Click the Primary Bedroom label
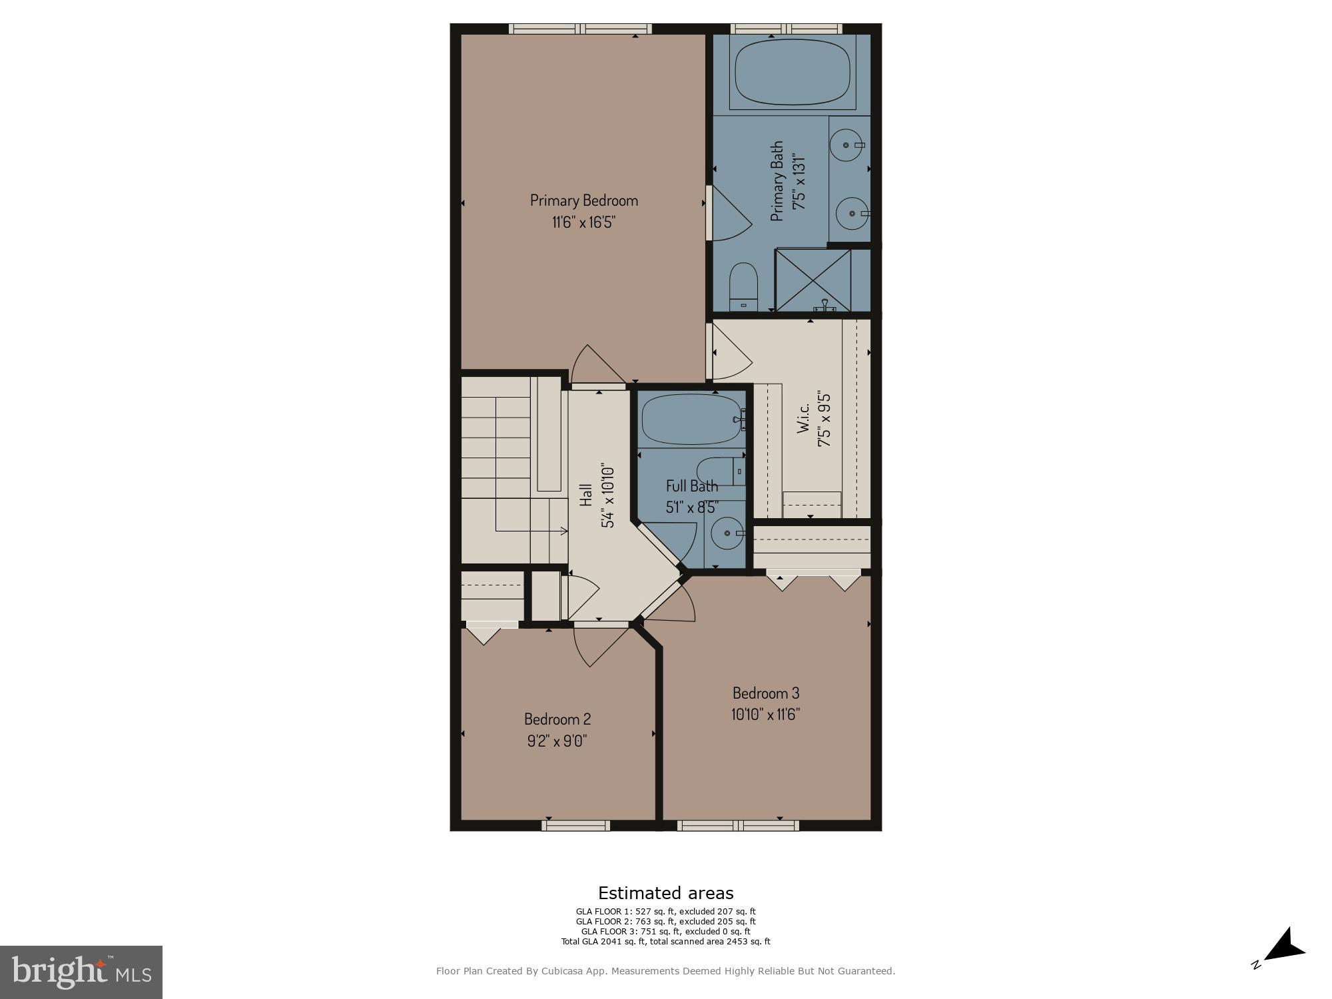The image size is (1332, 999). tap(583, 200)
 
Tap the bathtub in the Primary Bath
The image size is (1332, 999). tap(792, 73)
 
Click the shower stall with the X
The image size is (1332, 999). tap(814, 280)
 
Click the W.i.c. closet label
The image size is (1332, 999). tap(804, 418)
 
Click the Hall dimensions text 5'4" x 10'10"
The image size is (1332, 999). tap(607, 496)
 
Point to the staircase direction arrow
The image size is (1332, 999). tap(563, 531)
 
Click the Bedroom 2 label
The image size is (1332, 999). tap(557, 719)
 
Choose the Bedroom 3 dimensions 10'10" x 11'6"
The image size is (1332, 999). tap(765, 715)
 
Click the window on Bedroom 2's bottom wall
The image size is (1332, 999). tap(575, 826)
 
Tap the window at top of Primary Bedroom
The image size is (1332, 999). tap(580, 29)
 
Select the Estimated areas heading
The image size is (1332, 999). tap(665, 893)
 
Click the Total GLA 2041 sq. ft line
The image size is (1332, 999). tap(665, 942)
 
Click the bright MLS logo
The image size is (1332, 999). tap(81, 972)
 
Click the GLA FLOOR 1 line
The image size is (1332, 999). tap(665, 912)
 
